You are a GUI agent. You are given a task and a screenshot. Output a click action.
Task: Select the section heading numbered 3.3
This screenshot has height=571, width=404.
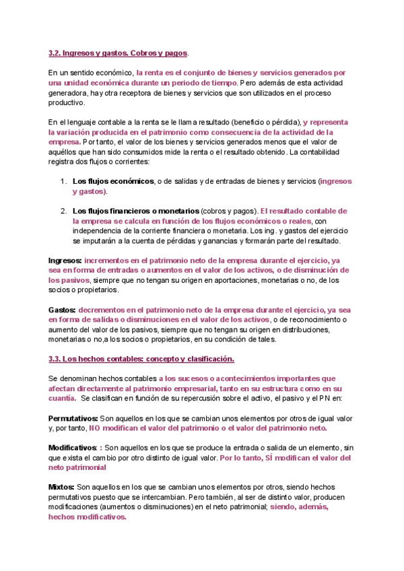pyautogui.click(x=131, y=360)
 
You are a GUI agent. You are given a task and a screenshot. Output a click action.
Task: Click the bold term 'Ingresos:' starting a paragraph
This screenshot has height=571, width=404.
pyautogui.click(x=65, y=260)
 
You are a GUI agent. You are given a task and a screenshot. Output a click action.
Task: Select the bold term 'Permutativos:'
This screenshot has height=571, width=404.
pyautogui.click(x=73, y=417)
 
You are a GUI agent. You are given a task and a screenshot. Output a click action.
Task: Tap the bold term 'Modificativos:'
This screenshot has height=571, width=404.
pyautogui.click(x=75, y=448)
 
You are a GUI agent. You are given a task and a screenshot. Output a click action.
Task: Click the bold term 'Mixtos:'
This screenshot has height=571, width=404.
pyautogui.click(x=62, y=487)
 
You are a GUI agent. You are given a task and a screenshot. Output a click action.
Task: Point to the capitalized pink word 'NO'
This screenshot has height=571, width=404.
pyautogui.click(x=94, y=428)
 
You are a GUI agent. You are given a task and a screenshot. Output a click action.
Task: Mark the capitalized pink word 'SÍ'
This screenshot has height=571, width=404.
pyautogui.click(x=267, y=458)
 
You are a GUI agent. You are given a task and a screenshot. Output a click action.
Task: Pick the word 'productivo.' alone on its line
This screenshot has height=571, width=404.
pyautogui.click(x=67, y=102)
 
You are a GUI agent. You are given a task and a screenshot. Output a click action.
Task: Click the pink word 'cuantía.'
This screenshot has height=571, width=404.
pyautogui.click(x=62, y=399)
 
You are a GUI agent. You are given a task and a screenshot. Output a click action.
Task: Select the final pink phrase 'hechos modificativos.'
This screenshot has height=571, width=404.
pyautogui.click(x=87, y=517)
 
